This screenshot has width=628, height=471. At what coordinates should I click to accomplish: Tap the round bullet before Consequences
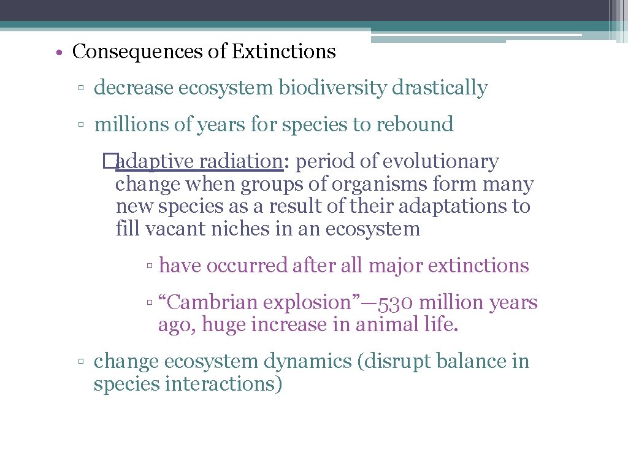coord(56,53)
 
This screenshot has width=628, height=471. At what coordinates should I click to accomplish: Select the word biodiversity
coord(333,88)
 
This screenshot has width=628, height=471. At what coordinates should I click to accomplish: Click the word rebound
coord(415,124)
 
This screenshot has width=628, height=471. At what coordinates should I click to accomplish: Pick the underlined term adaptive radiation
coord(198,162)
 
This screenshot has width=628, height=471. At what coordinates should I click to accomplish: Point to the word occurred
coord(247,266)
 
